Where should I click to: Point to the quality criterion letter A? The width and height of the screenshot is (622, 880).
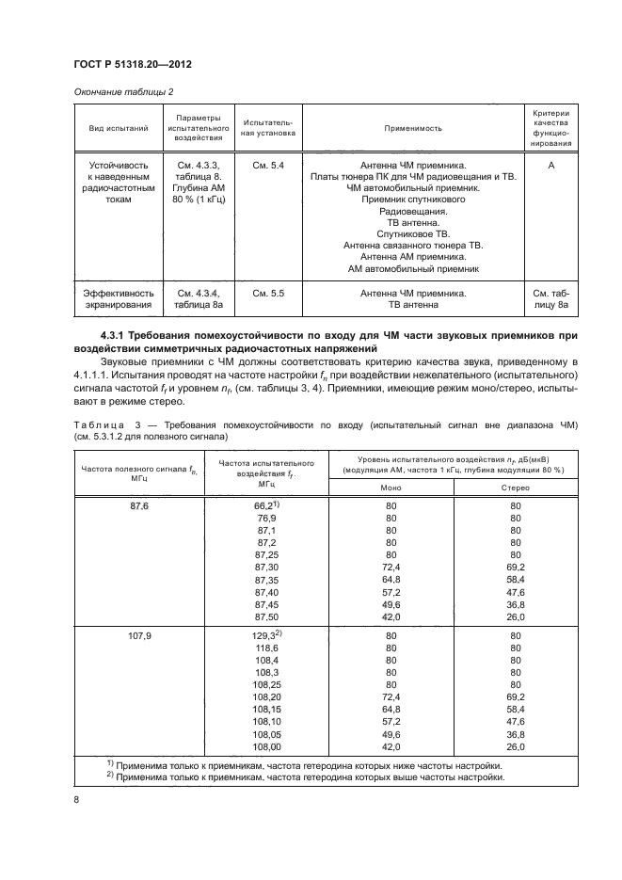tap(551, 167)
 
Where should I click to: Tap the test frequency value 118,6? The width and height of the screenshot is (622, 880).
tap(266, 649)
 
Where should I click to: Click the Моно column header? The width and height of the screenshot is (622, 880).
tap(391, 488)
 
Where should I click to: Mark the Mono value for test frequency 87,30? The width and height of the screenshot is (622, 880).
tap(391, 568)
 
